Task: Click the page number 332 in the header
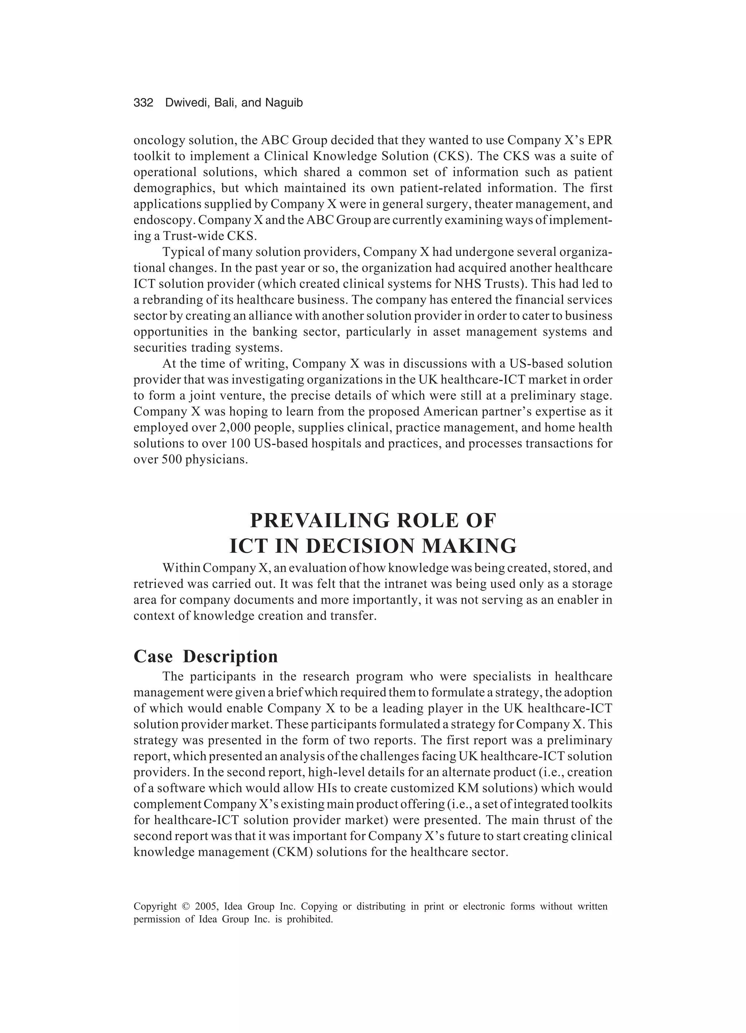click(143, 103)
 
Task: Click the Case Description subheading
click(205, 657)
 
